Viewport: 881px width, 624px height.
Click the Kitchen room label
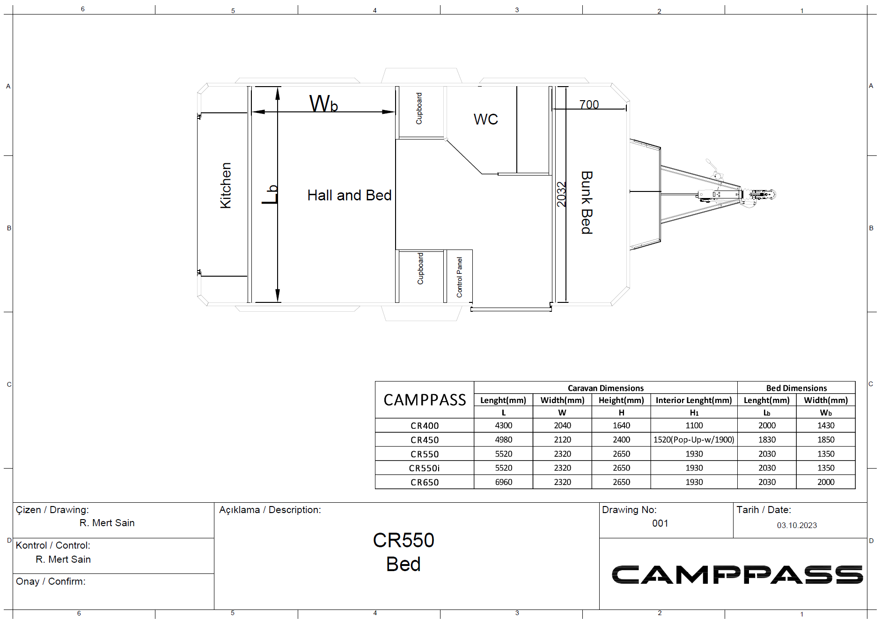pyautogui.click(x=226, y=185)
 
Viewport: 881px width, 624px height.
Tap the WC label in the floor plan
pyautogui.click(x=485, y=119)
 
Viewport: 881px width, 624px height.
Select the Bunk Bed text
pyautogui.click(x=587, y=202)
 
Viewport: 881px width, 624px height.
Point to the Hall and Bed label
pyautogui.click(x=349, y=195)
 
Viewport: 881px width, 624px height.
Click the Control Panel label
pyautogui.click(x=459, y=277)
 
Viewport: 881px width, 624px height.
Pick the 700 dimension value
pyautogui.click(x=589, y=104)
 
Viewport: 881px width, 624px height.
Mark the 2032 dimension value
pyautogui.click(x=561, y=194)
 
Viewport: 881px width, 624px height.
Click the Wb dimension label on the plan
pyautogui.click(x=323, y=103)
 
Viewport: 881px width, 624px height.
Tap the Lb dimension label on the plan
pyautogui.click(x=270, y=194)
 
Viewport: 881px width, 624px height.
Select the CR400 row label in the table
pyautogui.click(x=425, y=426)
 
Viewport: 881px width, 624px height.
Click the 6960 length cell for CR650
pyautogui.click(x=504, y=482)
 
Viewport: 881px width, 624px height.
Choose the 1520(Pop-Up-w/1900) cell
pyautogui.click(x=694, y=440)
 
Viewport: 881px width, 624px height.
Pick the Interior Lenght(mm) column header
pyautogui.click(x=694, y=400)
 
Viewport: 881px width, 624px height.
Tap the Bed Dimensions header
pyautogui.click(x=796, y=388)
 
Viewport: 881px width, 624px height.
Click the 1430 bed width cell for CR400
pyautogui.click(x=826, y=426)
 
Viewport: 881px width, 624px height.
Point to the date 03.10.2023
pyautogui.click(x=797, y=525)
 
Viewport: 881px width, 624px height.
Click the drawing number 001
pyautogui.click(x=660, y=523)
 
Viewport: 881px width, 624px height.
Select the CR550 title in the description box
pyautogui.click(x=404, y=540)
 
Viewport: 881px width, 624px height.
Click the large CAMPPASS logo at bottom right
pyautogui.click(x=737, y=575)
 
